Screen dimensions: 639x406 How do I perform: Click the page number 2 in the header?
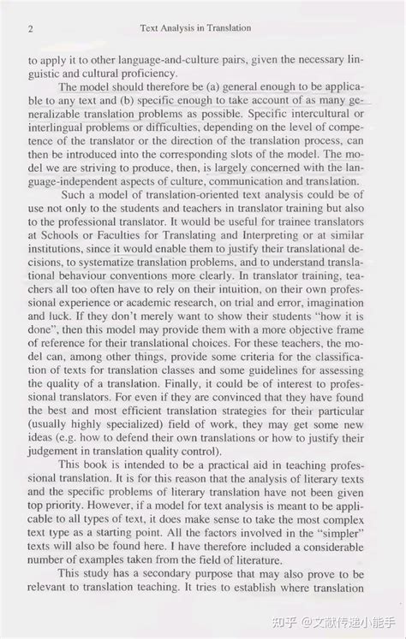point(31,28)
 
